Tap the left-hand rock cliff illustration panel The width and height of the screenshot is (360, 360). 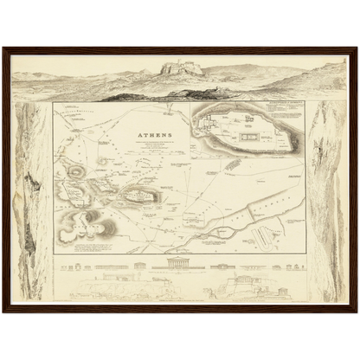pyautogui.click(x=32, y=199)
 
